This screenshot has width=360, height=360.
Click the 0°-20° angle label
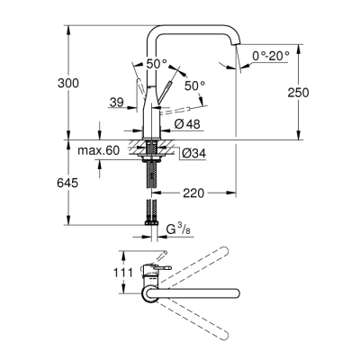click(x=271, y=56)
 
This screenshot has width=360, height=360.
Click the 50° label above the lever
click(x=157, y=64)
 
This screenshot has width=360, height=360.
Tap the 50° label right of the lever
click(x=194, y=85)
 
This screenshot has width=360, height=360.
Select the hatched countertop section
click(x=149, y=144)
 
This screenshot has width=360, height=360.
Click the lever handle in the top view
click(x=162, y=267)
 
